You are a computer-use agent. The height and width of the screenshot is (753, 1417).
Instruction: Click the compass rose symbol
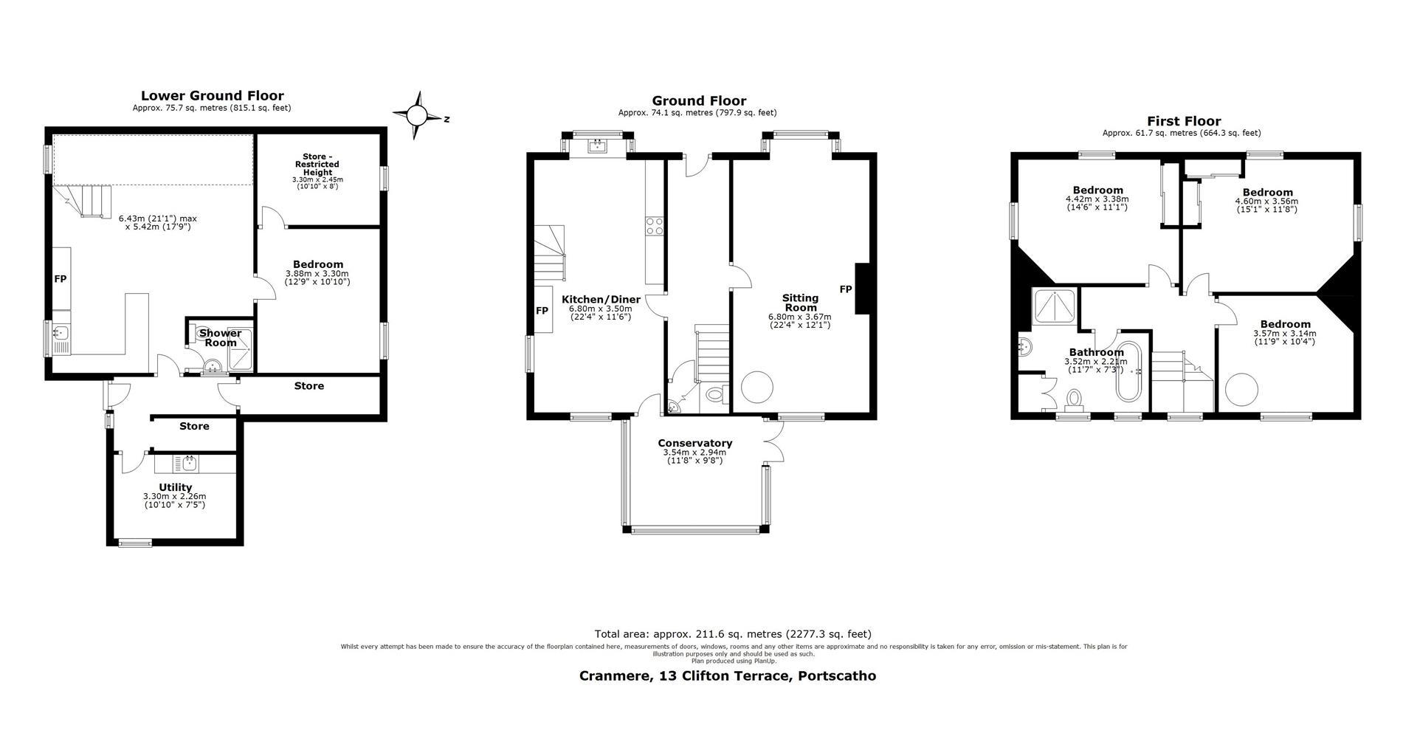click(418, 116)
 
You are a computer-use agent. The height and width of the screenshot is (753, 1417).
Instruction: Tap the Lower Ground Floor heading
click(213, 95)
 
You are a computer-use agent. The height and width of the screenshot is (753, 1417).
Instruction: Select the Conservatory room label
click(695, 443)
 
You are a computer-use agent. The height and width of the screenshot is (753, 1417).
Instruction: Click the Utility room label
click(176, 487)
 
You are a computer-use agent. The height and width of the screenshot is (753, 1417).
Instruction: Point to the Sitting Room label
click(801, 303)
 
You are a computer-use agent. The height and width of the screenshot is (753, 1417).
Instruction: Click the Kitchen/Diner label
click(601, 299)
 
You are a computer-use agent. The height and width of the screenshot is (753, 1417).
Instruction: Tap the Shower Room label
click(221, 338)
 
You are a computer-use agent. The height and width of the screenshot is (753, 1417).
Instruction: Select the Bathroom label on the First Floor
click(1097, 352)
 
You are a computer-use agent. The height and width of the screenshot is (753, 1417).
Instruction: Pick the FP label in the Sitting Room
click(845, 289)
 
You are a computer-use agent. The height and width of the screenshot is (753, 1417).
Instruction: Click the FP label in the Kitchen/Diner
click(542, 311)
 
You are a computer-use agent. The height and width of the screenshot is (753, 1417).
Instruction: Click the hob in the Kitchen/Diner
click(655, 226)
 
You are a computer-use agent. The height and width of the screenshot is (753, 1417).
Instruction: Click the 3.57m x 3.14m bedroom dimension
click(1285, 334)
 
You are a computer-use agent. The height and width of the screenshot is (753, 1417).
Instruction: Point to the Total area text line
click(733, 634)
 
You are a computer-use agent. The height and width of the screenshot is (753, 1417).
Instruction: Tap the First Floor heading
click(1184, 121)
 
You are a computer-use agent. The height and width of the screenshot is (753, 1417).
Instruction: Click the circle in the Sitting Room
click(757, 386)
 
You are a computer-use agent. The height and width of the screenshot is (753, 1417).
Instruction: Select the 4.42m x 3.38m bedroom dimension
click(1097, 199)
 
